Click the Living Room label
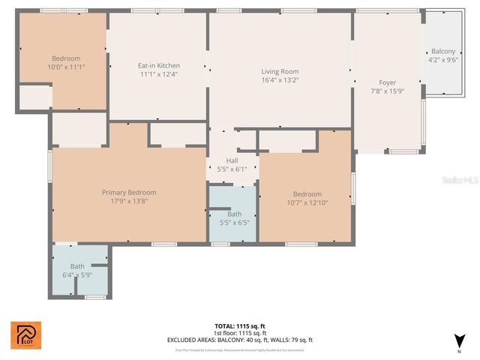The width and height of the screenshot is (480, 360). coord(280,71)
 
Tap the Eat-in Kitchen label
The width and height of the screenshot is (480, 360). coord(158,65)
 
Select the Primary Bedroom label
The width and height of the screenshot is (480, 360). coord(129,192)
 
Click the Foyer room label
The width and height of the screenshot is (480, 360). coord(387,82)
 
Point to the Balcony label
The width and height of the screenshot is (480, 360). coord(442,51)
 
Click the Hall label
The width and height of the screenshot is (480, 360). coord(232,160)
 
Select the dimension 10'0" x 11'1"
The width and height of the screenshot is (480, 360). coord(66,67)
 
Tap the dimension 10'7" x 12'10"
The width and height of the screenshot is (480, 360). coord(307,202)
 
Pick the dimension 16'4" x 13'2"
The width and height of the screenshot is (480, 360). coord(280,80)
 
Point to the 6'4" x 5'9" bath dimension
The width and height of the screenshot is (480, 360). coord(77,274)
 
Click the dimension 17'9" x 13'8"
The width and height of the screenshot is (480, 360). coord(129,201)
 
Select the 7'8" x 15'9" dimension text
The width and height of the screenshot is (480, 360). coord(387,91)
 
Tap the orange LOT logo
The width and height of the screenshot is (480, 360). coord(25,335)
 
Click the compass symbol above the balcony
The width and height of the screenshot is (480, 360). coord(448,13)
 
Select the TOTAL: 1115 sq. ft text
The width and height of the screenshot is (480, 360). coord(240,326)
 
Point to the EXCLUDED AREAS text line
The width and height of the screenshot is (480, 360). coord(240,340)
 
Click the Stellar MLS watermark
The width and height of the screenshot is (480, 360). coord(459,181)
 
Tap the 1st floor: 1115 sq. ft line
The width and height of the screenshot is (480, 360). coord(240,333)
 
